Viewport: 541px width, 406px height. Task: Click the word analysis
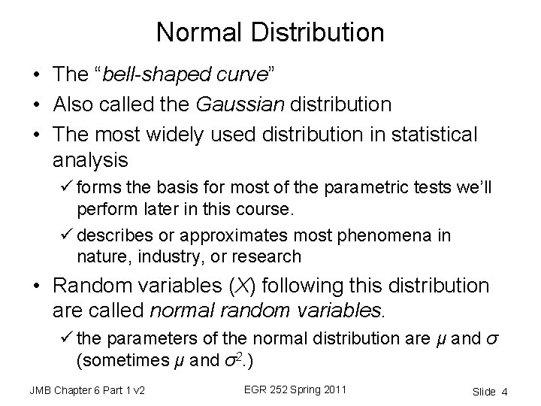click(91, 160)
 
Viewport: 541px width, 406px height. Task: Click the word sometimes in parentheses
click(118, 359)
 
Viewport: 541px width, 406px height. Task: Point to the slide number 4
click(504, 391)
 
